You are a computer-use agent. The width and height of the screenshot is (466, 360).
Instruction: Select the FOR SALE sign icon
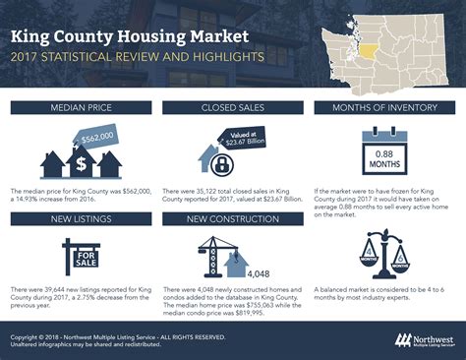(80, 258)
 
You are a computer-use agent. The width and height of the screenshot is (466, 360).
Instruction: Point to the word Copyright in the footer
(29, 334)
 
